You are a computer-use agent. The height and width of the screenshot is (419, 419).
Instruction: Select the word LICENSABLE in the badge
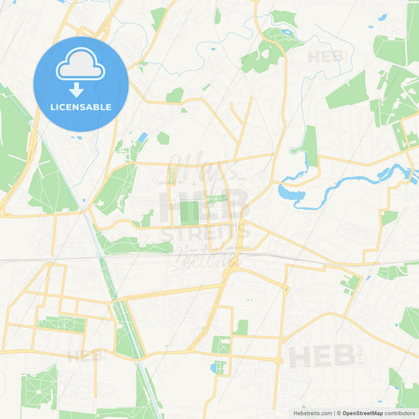[81, 107]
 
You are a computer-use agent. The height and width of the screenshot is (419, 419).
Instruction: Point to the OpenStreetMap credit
[362, 413]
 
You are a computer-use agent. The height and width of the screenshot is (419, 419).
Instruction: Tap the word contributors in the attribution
[400, 413]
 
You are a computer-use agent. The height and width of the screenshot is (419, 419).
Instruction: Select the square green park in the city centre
[189, 212]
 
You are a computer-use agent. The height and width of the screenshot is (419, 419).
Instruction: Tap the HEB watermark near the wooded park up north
[323, 57]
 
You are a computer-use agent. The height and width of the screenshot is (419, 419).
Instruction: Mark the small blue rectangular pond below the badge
[142, 138]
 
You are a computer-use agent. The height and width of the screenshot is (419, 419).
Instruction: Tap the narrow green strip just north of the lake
[311, 145]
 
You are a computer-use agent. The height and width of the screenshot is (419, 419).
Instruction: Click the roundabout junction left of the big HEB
[279, 361]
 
